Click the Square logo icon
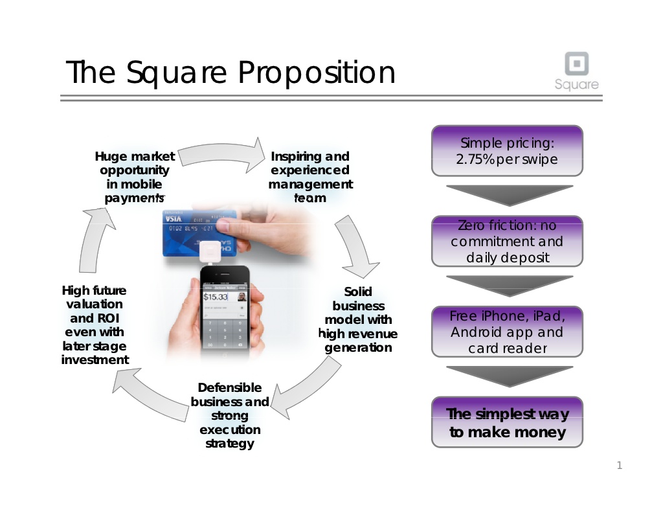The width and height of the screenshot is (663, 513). coord(577,64)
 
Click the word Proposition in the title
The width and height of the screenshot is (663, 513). coord(317,73)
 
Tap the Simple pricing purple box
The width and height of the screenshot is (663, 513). coord(507,150)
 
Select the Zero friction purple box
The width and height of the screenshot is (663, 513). coord(507,241)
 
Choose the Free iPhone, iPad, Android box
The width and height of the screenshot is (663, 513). coord(507,332)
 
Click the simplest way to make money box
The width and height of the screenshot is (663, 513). coord(507,422)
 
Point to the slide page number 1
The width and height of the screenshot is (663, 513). coord(620,466)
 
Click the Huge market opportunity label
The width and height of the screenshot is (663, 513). coord(135,177)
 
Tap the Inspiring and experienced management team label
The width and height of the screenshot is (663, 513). coord(310,177)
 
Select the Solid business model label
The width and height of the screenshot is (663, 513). coord(357,319)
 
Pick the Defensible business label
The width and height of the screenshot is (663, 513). coord(230,415)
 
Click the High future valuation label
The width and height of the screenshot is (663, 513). coord(95,325)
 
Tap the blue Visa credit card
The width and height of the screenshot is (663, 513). coord(199,233)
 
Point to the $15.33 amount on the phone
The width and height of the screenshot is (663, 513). coord(216,297)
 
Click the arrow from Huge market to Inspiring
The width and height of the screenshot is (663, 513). coord(220,153)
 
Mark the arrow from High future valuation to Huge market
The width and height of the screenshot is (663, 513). coord(95,240)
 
